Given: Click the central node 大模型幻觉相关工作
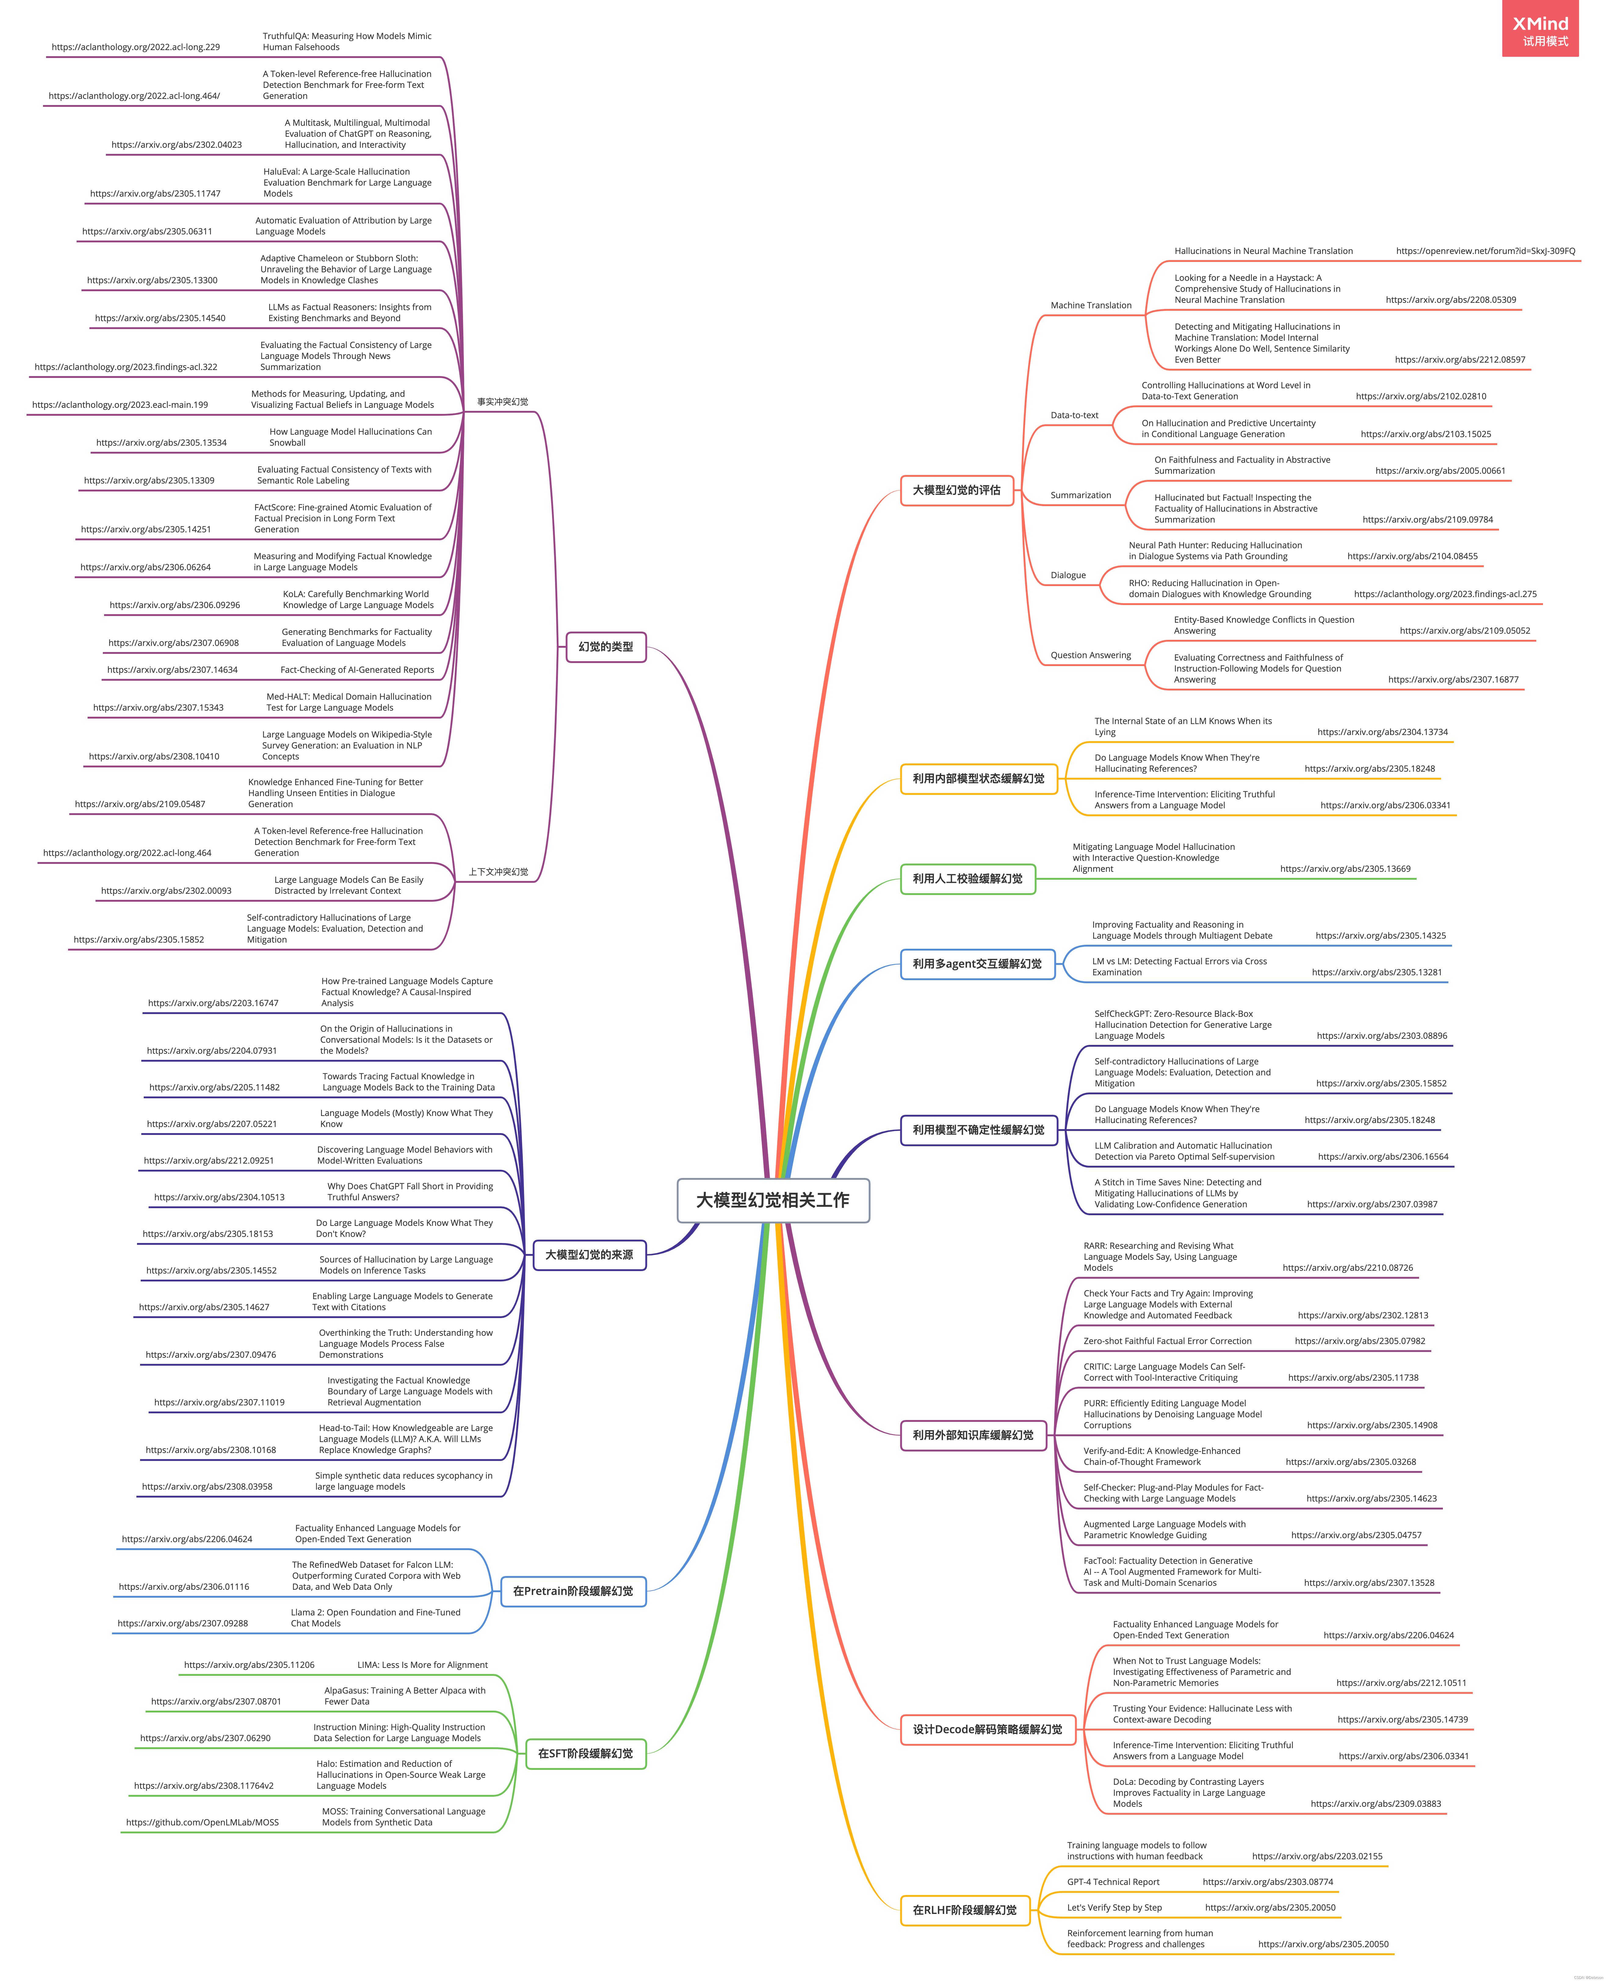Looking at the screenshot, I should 772,1200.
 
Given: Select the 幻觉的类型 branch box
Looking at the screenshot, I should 606,647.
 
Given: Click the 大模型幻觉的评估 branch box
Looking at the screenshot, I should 957,490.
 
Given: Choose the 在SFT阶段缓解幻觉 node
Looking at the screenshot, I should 585,1753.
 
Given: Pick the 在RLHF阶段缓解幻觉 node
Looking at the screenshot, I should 964,1910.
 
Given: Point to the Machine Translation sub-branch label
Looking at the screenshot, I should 1090,306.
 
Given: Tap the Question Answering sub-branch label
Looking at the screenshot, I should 1090,655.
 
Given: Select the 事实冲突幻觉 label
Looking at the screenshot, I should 502,402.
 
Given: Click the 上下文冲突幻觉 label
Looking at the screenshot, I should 498,872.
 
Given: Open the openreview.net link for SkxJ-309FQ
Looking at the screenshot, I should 1485,251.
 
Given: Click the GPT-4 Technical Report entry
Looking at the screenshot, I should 1112,1882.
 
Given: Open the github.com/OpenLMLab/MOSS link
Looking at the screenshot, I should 202,1823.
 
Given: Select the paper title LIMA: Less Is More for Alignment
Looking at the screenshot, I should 422,1665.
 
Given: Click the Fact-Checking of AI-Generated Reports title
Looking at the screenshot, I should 357,670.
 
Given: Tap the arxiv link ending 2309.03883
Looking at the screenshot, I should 1375,1804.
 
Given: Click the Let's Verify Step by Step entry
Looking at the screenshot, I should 1113,1908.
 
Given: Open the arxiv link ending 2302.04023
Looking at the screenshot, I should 176,145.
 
